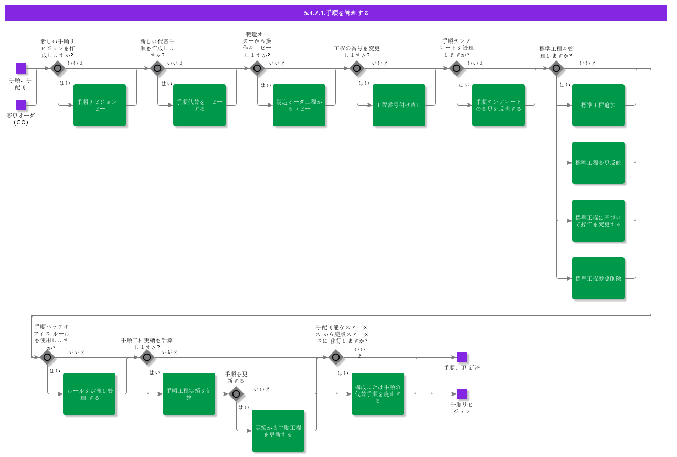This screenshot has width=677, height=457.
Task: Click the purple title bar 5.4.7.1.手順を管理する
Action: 336,13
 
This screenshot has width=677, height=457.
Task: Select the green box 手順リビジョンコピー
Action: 100,105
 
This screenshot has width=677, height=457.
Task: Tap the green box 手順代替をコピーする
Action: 199,105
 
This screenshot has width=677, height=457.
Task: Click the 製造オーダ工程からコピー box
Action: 299,105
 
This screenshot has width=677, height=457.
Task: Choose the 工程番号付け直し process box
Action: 399,105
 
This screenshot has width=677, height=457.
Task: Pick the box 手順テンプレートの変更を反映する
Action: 499,105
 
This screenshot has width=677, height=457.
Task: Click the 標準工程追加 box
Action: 598,105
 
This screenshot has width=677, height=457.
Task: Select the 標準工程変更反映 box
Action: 598,163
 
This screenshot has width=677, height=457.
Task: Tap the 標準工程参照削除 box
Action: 598,278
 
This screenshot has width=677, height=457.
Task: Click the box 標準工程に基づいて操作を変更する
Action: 598,221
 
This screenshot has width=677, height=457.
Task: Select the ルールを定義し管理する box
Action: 89,394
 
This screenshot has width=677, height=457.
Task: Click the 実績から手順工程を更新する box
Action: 278,431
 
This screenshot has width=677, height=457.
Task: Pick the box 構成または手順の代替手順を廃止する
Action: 378,394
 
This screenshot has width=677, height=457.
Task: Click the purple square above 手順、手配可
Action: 21,68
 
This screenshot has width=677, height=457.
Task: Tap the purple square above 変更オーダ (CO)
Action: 21,105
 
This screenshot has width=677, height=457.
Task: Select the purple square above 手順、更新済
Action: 462,357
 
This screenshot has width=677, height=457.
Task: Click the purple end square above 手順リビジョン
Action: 462,394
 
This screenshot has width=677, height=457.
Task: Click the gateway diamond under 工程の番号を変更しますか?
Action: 357,68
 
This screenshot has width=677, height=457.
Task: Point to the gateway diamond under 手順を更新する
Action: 236,394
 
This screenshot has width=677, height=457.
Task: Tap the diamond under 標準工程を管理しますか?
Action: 556,68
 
